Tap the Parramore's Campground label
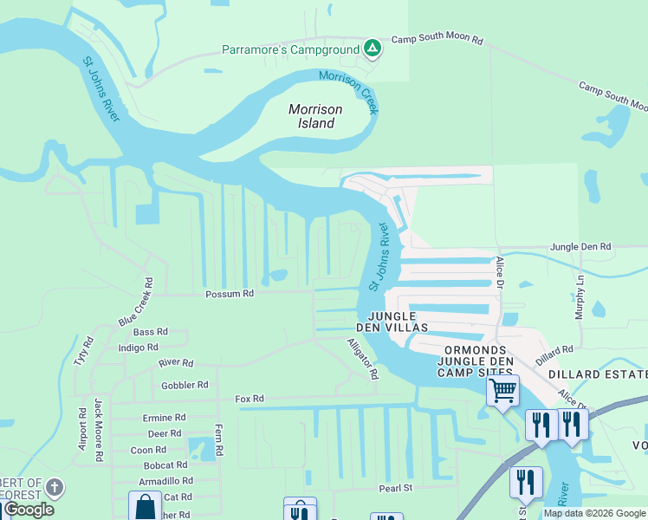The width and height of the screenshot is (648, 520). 290,49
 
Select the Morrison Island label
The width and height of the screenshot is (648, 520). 315,116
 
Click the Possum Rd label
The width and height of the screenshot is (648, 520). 229,294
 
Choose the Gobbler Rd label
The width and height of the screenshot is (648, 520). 185,385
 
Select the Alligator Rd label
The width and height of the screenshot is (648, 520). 363,360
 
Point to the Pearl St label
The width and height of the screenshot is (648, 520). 395,489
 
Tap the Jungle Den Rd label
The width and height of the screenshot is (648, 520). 580,247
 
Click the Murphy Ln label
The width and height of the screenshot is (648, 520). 580,297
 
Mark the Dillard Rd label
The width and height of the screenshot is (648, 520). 554,354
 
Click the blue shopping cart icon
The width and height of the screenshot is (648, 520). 502,391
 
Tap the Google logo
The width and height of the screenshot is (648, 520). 29,510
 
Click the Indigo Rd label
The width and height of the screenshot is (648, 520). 138,348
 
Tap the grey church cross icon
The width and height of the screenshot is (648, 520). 55,487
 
